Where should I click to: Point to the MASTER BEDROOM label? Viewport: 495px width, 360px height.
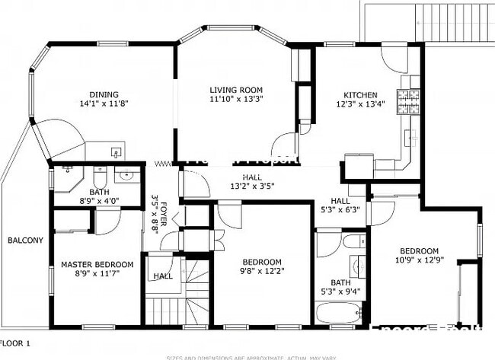97,264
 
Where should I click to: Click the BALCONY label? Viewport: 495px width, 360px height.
25,240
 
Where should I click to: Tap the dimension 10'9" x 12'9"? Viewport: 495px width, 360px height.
419,261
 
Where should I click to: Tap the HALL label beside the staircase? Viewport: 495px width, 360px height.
163,276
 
